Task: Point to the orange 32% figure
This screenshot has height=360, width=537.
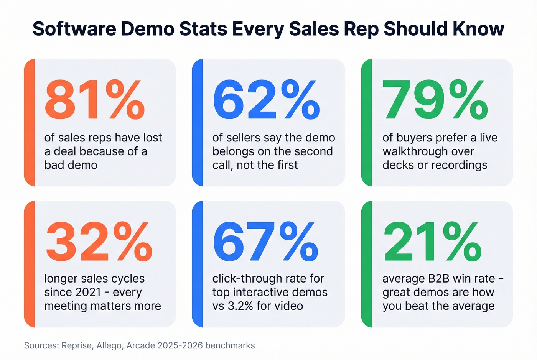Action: tap(99, 242)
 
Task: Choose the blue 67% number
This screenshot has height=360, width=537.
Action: tap(265, 242)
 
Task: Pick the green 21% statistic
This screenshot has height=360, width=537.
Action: tap(432, 242)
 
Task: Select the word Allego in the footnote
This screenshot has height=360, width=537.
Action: tap(109, 345)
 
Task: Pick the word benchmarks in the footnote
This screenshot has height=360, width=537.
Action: tap(230, 345)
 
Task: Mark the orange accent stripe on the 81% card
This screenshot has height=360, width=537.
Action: tap(30, 123)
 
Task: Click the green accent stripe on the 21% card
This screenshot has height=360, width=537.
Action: tap(367, 264)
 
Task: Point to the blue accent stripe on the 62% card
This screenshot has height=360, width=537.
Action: tap(197, 123)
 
